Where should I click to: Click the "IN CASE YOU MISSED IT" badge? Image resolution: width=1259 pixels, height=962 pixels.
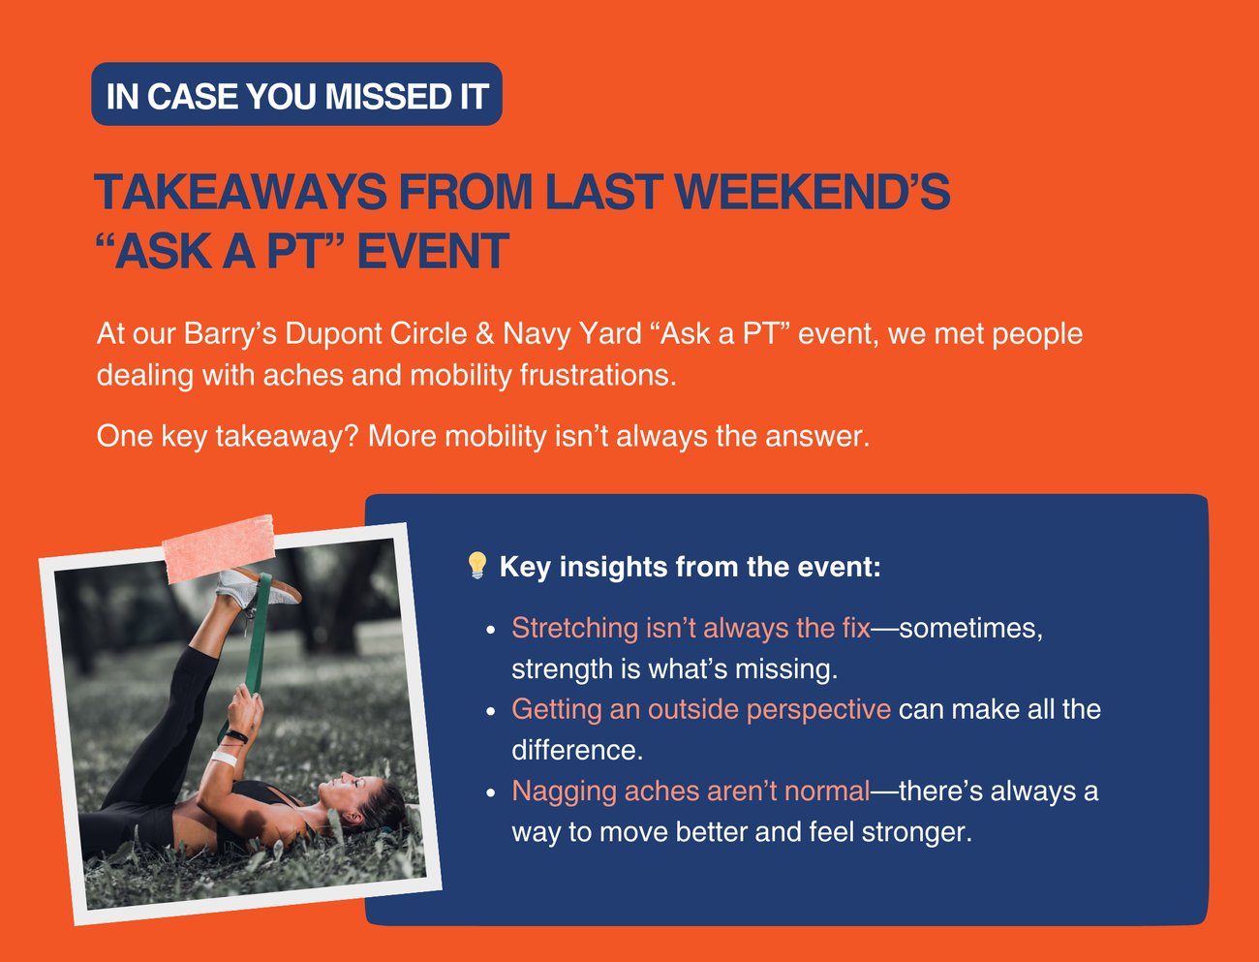pyautogui.click(x=296, y=94)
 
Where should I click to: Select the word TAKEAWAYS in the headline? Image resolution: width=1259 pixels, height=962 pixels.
pyautogui.click(x=240, y=191)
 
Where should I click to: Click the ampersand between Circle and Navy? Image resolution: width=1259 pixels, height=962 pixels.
pyautogui.click(x=484, y=333)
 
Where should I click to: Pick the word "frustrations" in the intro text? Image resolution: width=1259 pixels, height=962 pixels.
pyautogui.click(x=599, y=375)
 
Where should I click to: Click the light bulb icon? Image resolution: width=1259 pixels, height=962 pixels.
pyautogui.click(x=477, y=565)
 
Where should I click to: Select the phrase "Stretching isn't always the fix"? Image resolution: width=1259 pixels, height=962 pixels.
pyautogui.click(x=691, y=628)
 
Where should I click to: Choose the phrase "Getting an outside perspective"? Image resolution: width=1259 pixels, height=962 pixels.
pyautogui.click(x=701, y=709)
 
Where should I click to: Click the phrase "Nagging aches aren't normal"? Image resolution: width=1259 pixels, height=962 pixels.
pyautogui.click(x=691, y=791)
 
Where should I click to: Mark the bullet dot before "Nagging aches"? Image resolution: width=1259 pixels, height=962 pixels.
pyautogui.click(x=490, y=793)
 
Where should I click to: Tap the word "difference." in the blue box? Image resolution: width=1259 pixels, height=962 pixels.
pyautogui.click(x=577, y=751)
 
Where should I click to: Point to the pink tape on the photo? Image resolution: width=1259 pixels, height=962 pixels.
pyautogui.click(x=219, y=547)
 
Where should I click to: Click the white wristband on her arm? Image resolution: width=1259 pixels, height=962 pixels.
pyautogui.click(x=224, y=758)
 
